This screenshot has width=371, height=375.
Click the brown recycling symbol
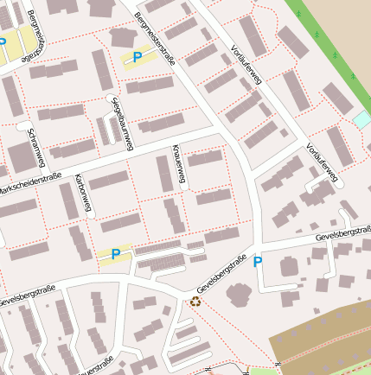(x=195, y=302)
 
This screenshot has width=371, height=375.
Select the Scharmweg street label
(x=36, y=149)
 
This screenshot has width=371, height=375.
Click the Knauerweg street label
(x=179, y=165)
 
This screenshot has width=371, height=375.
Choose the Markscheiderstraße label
(x=30, y=183)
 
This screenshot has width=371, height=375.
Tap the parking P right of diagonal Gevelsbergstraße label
(x=257, y=262)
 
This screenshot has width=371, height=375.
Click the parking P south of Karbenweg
(x=115, y=254)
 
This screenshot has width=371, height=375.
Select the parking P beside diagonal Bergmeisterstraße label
(x=137, y=58)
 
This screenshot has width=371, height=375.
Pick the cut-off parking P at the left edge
(x=3, y=41)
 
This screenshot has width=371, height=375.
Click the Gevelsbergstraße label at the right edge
(x=343, y=234)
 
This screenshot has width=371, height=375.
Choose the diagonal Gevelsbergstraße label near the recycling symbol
(x=222, y=275)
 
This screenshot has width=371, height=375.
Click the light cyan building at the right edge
(x=362, y=119)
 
